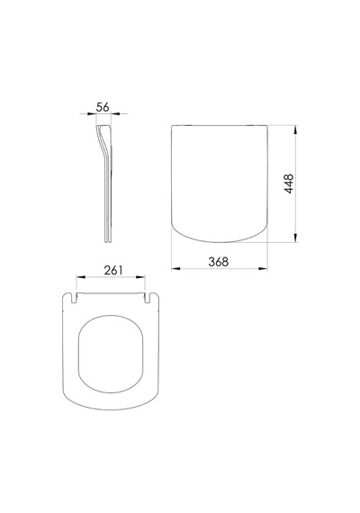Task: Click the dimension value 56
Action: coord(103,107)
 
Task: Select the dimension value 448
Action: coord(289,184)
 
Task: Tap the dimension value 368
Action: coord(219,262)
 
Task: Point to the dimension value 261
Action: coord(113,270)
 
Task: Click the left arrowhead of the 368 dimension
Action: coord(175,268)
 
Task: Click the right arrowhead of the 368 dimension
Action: coord(263,268)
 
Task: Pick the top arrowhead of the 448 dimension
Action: coord(295,130)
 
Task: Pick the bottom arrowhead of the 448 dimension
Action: coord(295,238)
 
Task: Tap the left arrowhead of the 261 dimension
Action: coord(81,277)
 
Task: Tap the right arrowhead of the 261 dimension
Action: coord(140,277)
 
